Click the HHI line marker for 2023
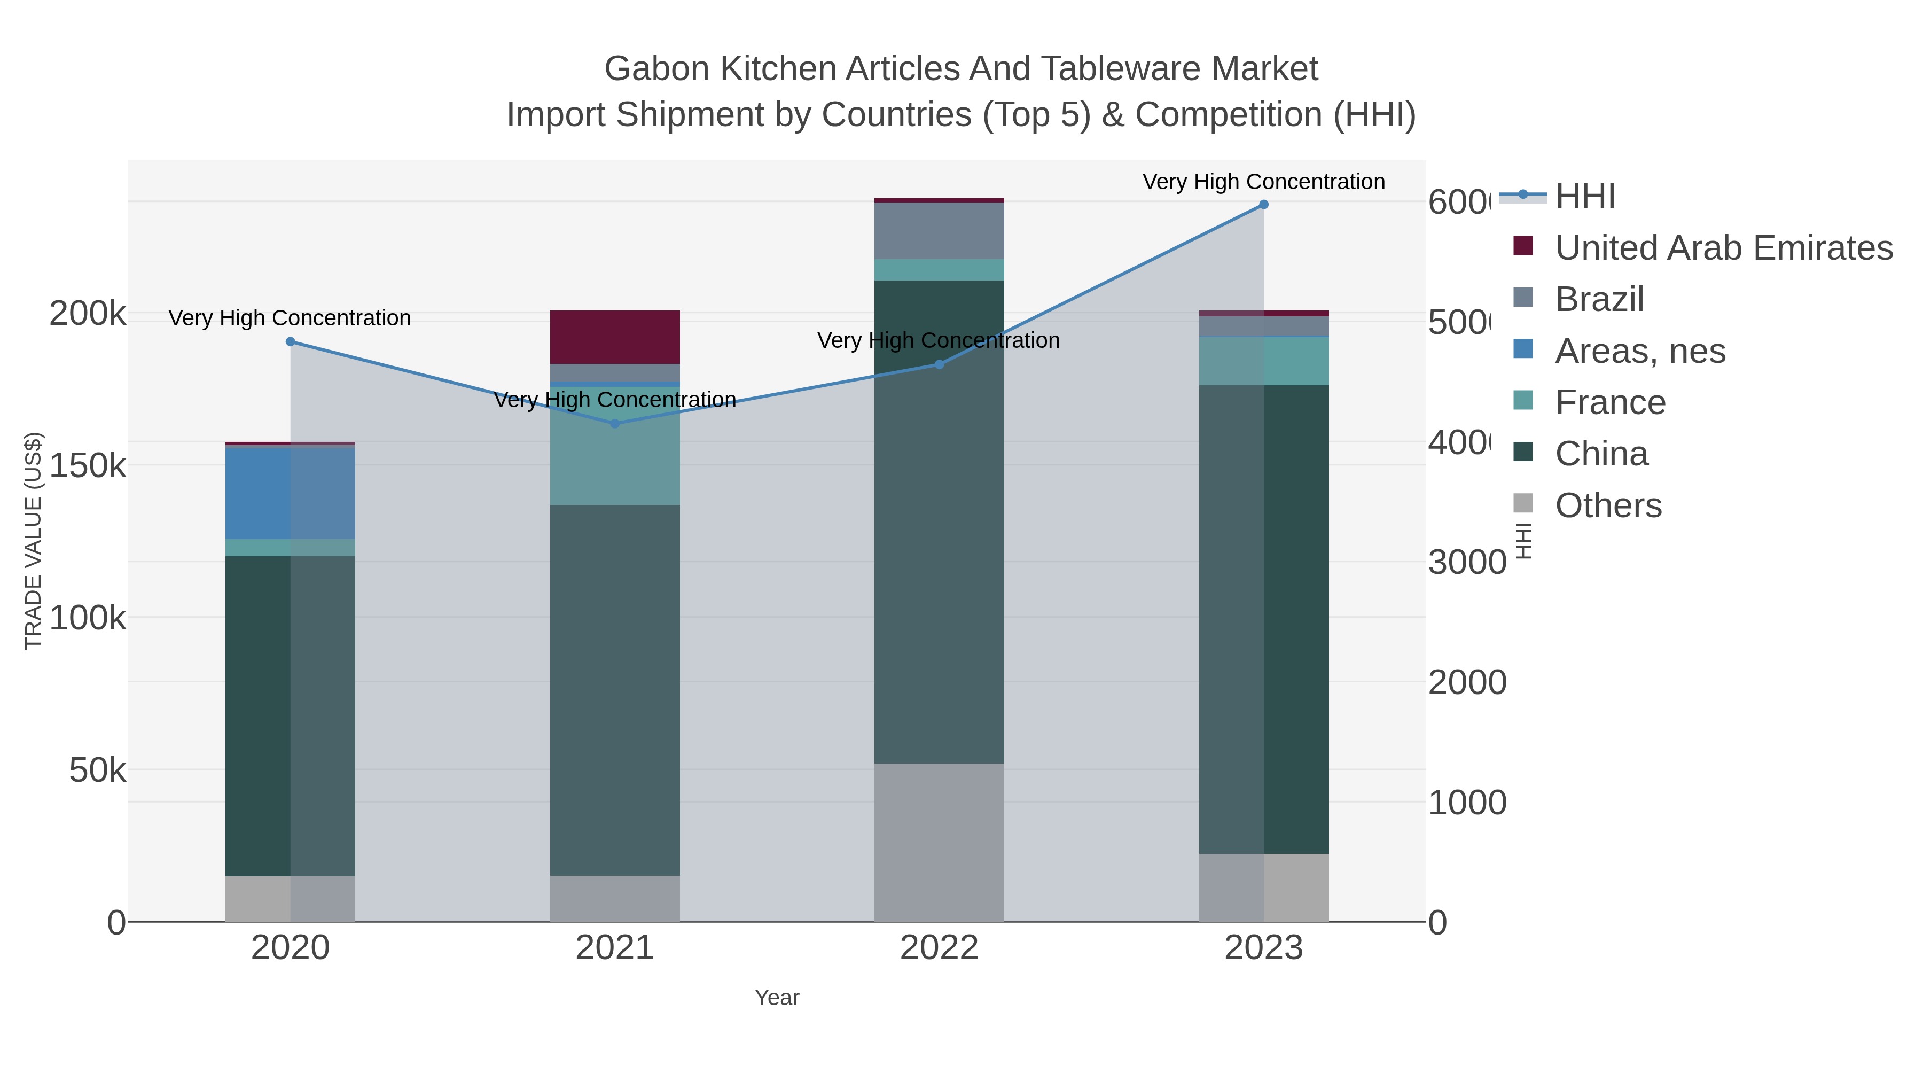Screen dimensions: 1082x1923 tap(1263, 205)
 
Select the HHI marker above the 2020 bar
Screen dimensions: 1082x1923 tap(291, 342)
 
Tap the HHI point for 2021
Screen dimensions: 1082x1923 tap(614, 423)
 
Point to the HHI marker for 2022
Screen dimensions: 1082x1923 tap(939, 364)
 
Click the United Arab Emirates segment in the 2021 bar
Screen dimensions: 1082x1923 tap(614, 337)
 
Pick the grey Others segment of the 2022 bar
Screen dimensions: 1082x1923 tap(939, 842)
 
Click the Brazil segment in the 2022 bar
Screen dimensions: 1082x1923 tap(939, 231)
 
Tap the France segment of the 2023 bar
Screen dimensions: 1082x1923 tap(1263, 361)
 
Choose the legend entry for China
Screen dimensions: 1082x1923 tap(1601, 454)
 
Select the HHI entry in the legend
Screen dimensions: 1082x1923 tap(1585, 197)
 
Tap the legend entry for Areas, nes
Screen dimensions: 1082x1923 tap(1640, 351)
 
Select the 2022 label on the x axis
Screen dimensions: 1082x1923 tap(939, 948)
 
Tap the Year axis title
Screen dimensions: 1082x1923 tap(776, 998)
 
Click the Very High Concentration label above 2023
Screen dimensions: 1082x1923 tap(1263, 182)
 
